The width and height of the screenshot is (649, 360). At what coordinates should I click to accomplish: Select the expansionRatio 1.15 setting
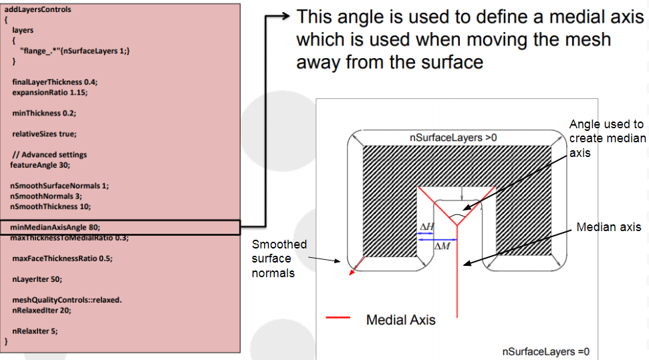49,92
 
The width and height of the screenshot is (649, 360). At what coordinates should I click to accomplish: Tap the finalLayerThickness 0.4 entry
55,81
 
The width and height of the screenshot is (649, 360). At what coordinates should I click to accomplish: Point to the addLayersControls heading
38,10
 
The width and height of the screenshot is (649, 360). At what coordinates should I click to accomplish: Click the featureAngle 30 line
40,164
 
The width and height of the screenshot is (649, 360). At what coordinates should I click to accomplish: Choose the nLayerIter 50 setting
37,279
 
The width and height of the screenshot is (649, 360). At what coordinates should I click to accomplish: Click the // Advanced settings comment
49,154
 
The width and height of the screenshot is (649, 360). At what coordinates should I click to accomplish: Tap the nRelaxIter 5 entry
34,331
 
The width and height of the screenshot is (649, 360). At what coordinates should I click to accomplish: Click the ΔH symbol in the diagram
426,227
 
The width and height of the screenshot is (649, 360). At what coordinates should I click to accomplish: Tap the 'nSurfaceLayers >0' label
453,138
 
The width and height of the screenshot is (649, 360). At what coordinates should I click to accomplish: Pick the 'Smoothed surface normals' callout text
279,258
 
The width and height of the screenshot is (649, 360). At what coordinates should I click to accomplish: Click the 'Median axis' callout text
608,228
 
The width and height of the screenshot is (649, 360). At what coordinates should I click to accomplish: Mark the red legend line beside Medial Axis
338,319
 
